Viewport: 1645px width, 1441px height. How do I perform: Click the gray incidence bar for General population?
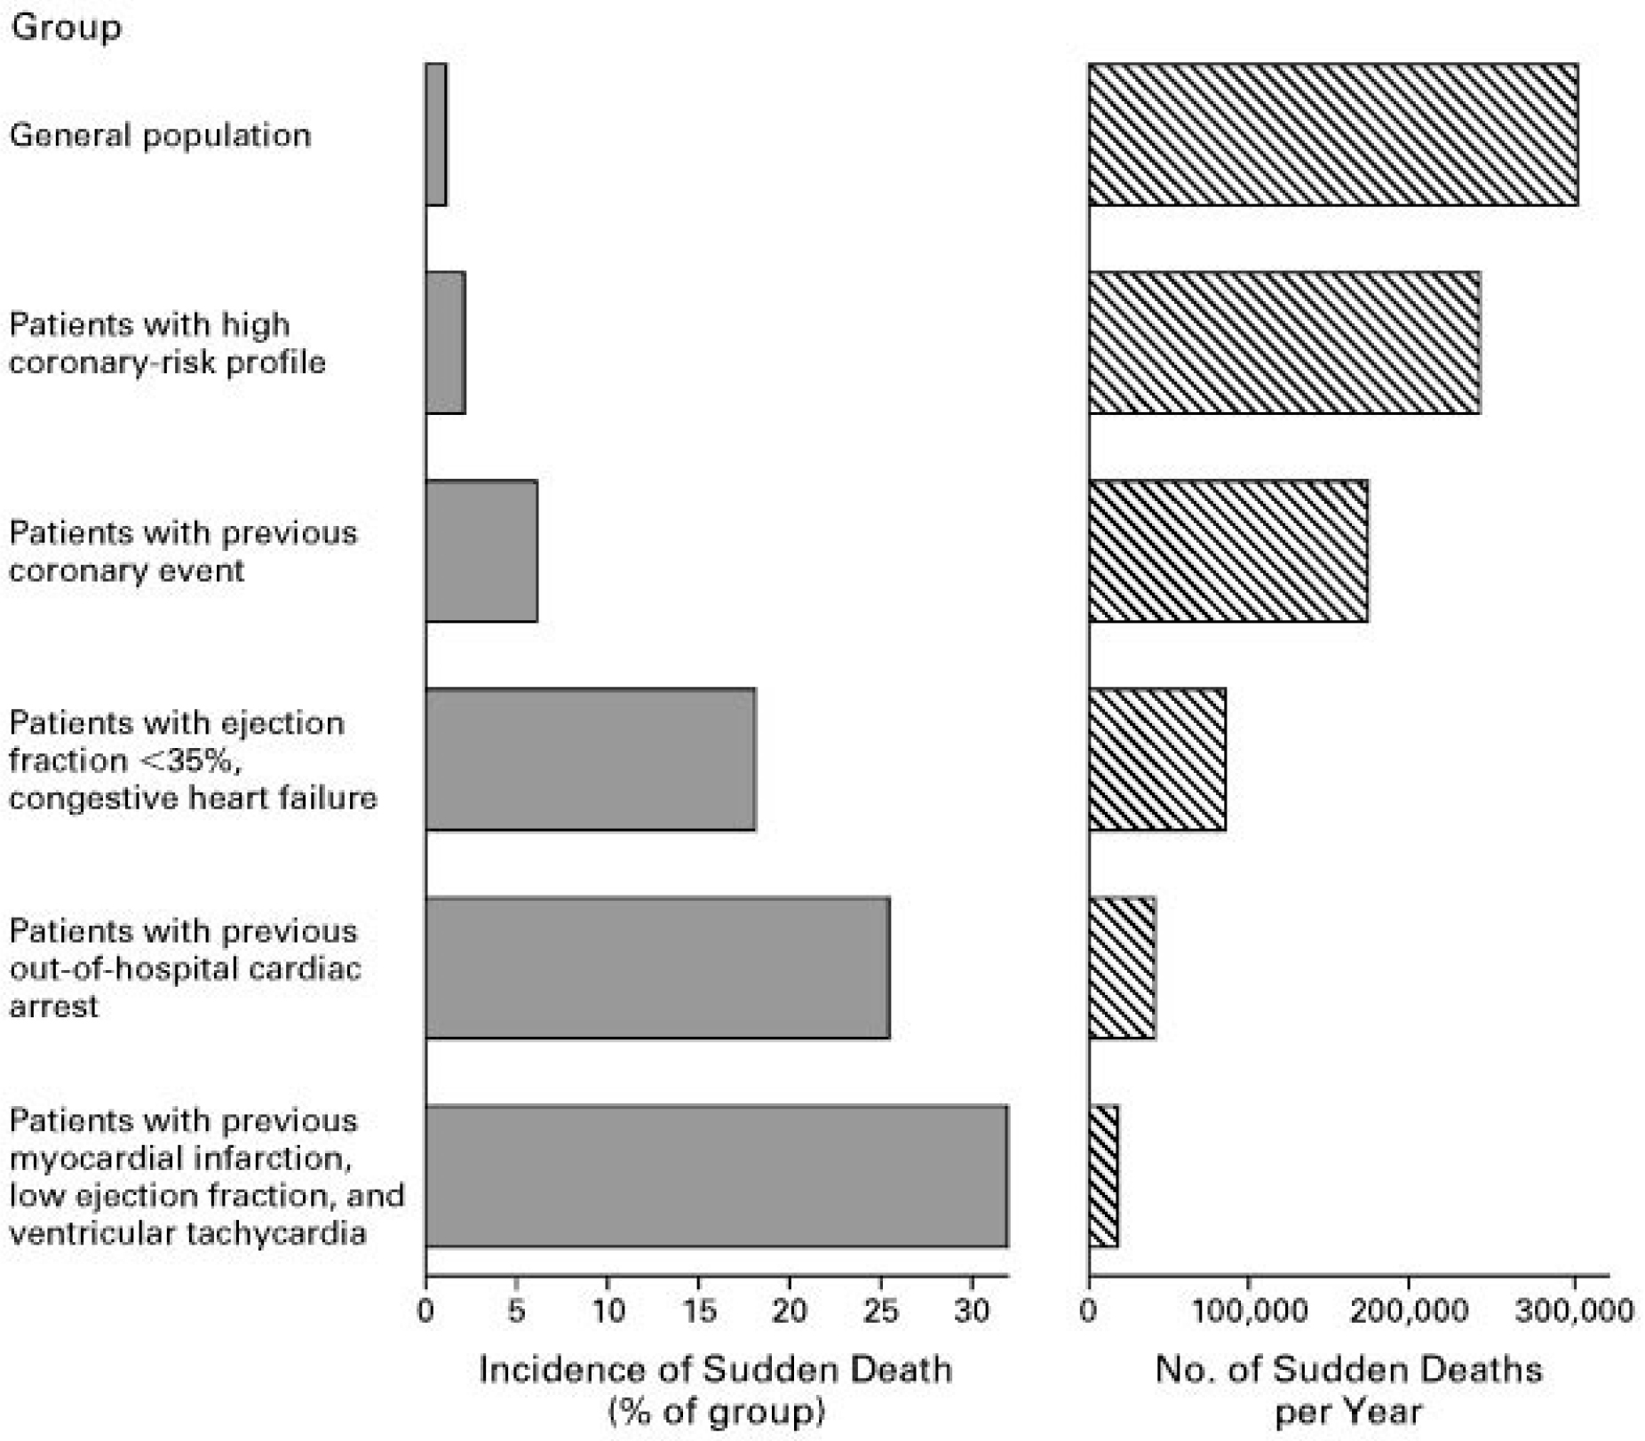436,134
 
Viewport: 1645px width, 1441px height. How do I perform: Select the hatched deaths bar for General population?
1332,134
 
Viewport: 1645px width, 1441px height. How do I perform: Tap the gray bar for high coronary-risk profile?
446,342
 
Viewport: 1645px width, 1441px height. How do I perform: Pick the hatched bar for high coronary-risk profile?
1284,342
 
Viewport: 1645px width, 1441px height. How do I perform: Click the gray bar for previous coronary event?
481,551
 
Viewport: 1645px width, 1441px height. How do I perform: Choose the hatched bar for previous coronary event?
1228,551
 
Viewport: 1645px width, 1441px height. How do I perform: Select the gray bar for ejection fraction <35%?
591,759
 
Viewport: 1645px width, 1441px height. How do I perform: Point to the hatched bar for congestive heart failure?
1157,759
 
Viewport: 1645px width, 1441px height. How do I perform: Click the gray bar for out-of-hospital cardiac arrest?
657,967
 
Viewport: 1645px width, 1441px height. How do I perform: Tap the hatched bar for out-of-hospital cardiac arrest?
1123,967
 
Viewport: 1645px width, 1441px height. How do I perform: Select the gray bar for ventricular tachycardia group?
717,1176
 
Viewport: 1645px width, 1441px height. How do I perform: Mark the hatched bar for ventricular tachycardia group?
1104,1176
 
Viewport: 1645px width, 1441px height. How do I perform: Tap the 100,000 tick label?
1248,1311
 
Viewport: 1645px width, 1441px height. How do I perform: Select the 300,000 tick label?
1574,1311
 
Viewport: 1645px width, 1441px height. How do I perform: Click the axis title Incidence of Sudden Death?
715,1370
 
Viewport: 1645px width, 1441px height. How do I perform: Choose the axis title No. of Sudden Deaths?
1348,1370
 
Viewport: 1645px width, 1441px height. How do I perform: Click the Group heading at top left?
66,27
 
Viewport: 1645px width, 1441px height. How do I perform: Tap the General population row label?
160,136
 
